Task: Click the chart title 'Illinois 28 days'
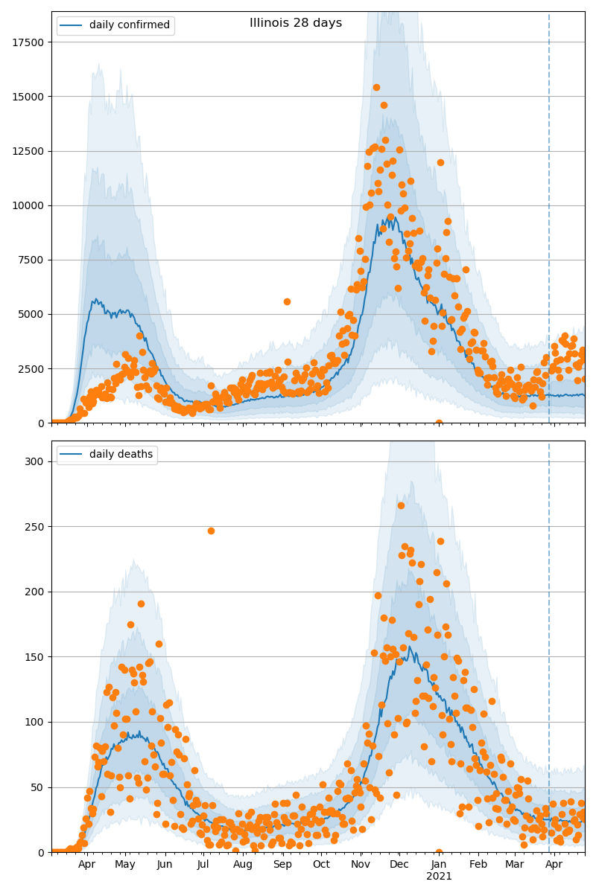296,23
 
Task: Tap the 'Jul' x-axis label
203,865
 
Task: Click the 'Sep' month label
282,865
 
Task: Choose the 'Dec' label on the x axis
399,865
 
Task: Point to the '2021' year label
439,876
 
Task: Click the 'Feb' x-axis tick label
478,865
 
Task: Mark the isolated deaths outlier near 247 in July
211,531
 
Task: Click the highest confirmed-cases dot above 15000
376,88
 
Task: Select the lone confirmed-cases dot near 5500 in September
287,301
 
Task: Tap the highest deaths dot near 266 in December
401,505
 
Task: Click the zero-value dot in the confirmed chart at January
439,423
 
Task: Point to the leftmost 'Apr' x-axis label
86,865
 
